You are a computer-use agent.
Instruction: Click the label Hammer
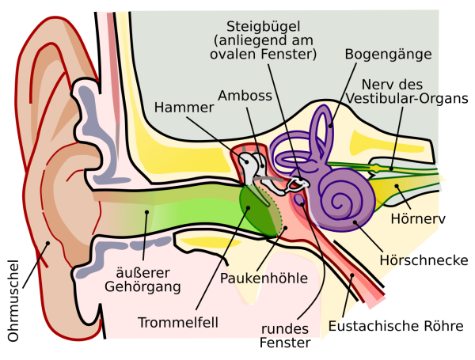coord(184,107)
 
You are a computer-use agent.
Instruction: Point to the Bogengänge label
coord(389,54)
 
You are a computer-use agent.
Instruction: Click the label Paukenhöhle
coord(264,278)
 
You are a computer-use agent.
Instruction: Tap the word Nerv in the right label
coord(376,84)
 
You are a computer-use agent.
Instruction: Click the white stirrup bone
coord(294,185)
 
